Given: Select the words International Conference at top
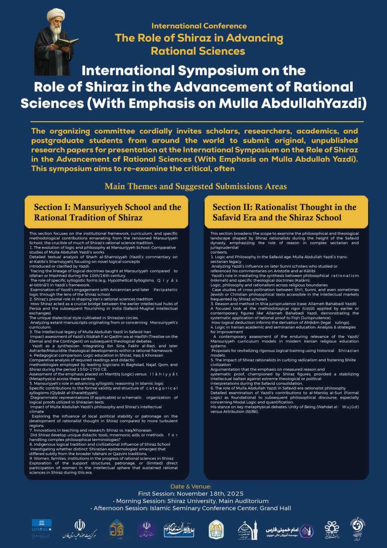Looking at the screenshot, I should [x=199, y=26].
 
